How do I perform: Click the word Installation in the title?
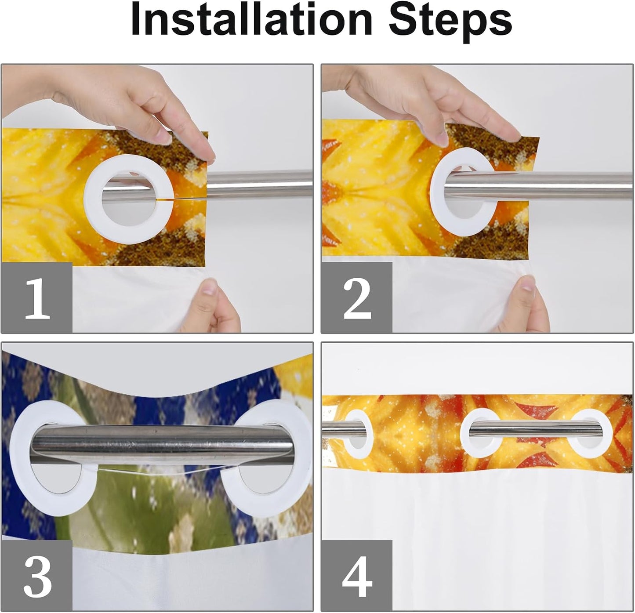pos(252,20)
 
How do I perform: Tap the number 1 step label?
pos(37,298)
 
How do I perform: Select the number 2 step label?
pos(357,298)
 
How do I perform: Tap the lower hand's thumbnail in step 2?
pos(527,284)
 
